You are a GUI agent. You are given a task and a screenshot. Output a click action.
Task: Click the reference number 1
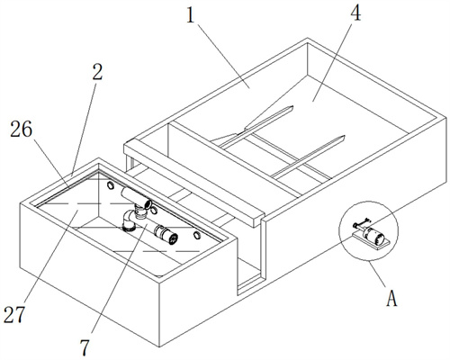[x=191, y=15]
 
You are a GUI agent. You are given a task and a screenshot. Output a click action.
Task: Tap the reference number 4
[x=355, y=13]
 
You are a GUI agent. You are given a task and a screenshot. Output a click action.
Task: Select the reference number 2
[x=97, y=72]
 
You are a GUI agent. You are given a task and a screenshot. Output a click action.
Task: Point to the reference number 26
[x=21, y=130]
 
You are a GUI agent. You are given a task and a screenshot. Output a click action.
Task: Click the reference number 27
[x=14, y=315]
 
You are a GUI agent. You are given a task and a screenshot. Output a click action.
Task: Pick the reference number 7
[x=85, y=347]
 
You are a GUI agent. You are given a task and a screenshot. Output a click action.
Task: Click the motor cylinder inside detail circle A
[x=373, y=234]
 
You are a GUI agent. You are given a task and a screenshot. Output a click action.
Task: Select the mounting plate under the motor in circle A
[x=371, y=240]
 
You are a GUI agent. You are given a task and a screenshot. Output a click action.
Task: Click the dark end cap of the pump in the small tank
[x=172, y=238]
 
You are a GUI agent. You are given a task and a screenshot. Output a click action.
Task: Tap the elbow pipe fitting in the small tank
[x=130, y=220]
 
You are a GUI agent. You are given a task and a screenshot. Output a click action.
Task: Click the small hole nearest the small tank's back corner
[x=111, y=185]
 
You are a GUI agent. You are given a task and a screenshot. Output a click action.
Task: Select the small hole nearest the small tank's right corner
[x=197, y=235]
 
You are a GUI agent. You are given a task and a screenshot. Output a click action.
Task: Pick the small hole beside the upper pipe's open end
[x=154, y=210]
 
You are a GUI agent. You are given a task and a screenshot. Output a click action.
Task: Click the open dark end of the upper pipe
[x=148, y=204]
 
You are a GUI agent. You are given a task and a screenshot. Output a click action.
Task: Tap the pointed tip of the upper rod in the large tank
[x=292, y=106]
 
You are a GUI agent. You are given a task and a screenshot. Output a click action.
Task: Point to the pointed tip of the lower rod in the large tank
[x=344, y=137]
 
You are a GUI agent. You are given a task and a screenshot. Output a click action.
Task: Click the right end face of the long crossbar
[x=258, y=220]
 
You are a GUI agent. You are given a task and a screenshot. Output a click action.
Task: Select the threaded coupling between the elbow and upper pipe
[x=139, y=211]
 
